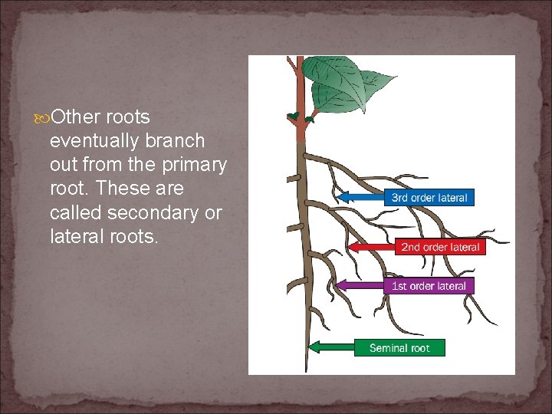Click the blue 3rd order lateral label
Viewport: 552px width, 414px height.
click(429, 197)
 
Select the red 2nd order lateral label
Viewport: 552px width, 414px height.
click(440, 247)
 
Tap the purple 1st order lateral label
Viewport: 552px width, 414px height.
click(429, 286)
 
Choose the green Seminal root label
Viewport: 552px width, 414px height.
click(399, 348)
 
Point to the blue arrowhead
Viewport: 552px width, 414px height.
click(343, 197)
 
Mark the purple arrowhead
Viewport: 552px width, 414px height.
click(341, 286)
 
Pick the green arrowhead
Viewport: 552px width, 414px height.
click(313, 347)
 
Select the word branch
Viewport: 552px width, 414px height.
click(179, 141)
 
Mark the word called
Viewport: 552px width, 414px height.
click(73, 212)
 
